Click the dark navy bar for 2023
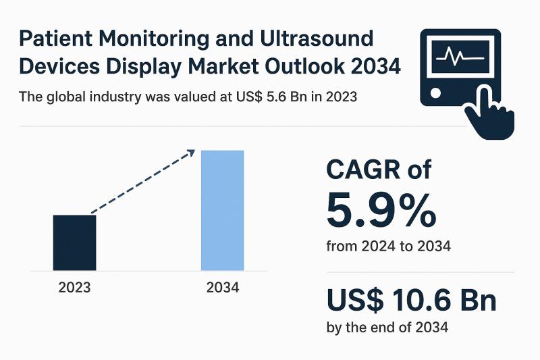tap(74, 242)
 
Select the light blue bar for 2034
tap(222, 210)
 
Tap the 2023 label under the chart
tap(74, 287)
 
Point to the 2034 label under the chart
tap(223, 287)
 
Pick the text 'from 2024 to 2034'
tap(388, 247)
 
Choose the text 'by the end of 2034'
tap(387, 328)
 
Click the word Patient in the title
tap(53, 38)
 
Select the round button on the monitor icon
tap(435, 92)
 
